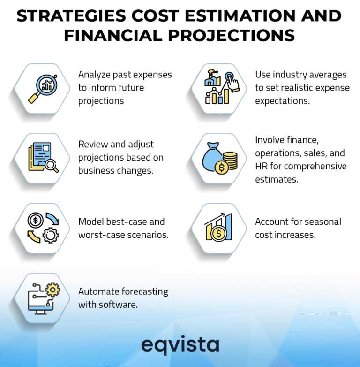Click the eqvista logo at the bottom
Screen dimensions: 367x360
coord(180,345)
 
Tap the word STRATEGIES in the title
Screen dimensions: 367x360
coord(65,16)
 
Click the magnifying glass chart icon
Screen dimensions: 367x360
coord(43,88)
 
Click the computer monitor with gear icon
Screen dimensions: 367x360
coord(43,298)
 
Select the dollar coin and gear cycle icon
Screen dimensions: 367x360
coord(43,228)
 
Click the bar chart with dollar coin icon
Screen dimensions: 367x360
coord(221,228)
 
